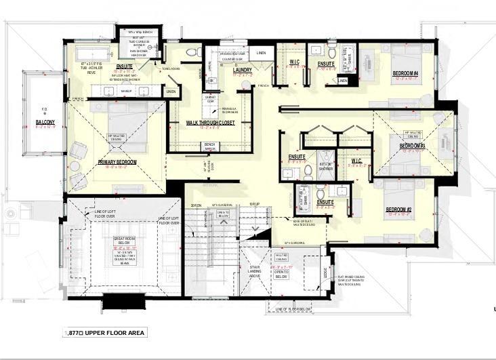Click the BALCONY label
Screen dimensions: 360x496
tap(45, 123)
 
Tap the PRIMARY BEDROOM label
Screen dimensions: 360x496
tap(117, 162)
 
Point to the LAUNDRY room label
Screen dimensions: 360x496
tap(242, 70)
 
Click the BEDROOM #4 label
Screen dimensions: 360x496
tap(406, 73)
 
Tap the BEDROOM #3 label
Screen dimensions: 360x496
tap(412, 146)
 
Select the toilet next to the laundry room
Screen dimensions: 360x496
tap(192, 52)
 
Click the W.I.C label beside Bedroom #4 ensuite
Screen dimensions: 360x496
tap(295, 63)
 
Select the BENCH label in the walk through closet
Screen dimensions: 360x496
tap(209, 144)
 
